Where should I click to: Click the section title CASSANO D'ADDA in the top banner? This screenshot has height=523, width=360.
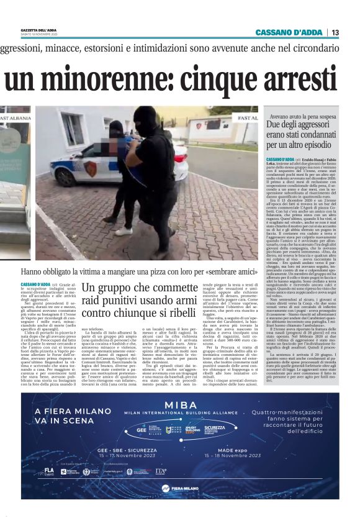[290, 33]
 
